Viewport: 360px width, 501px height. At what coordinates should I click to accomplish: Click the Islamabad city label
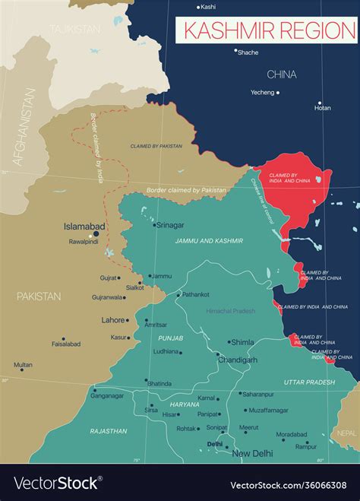point(84,227)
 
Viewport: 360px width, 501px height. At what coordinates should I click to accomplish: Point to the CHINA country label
point(281,75)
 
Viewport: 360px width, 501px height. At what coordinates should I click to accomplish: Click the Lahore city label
point(113,320)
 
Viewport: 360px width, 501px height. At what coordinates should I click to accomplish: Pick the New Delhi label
point(252,454)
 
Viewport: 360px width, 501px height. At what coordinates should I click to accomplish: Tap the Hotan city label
point(322,108)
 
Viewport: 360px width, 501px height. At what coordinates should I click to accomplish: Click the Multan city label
point(23,365)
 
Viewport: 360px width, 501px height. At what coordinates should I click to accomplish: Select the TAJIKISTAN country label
point(74,29)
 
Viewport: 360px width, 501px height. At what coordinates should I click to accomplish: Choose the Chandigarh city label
point(237,359)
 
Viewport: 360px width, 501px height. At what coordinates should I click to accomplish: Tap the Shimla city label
point(242,342)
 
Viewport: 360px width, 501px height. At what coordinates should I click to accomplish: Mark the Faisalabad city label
point(66,344)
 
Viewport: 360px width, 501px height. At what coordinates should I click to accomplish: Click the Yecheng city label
point(262,93)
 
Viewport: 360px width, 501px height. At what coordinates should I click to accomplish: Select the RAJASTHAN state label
point(108,431)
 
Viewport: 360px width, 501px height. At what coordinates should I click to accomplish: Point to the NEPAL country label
point(347,432)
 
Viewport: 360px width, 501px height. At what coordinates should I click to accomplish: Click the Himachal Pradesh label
point(231,311)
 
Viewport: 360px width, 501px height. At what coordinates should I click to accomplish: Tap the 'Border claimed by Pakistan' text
point(187,189)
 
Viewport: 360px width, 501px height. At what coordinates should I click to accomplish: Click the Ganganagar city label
point(108,395)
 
